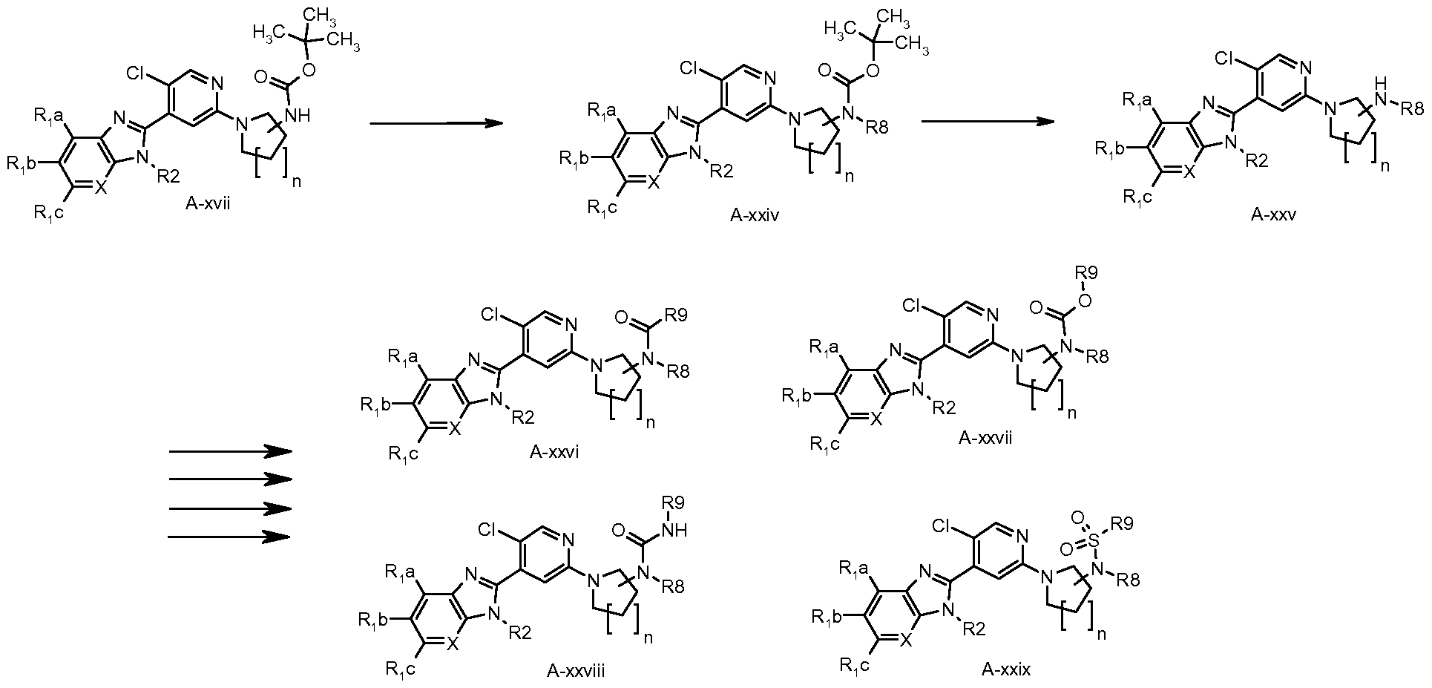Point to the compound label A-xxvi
point(554,453)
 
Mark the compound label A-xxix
point(1006,670)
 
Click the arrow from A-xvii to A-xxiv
point(432,123)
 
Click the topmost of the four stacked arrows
point(230,451)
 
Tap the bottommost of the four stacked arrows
point(230,536)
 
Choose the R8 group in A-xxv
point(1411,109)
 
